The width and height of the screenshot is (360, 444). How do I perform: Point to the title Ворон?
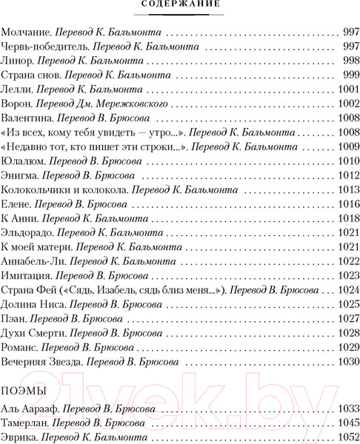pos(18,104)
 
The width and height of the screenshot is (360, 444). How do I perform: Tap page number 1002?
pos(344,104)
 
